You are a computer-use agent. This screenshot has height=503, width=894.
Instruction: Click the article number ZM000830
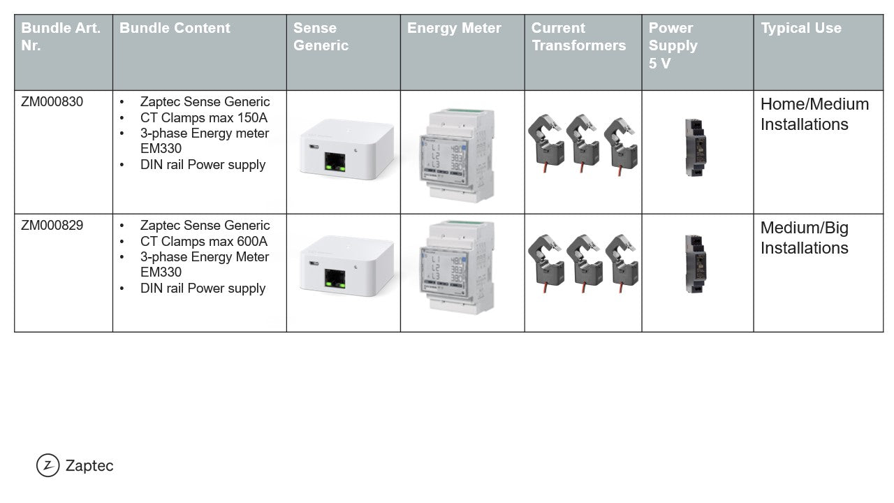tap(52, 102)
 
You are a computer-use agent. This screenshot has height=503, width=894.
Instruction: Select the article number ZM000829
tap(52, 226)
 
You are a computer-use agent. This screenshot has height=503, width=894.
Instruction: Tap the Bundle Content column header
tap(175, 28)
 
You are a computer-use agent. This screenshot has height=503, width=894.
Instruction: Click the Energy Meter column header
tap(454, 28)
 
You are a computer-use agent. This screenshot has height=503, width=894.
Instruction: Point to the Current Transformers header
tap(579, 37)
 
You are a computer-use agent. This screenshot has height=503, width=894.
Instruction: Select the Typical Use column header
tap(801, 28)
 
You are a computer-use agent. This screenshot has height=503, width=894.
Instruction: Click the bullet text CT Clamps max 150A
tap(203, 118)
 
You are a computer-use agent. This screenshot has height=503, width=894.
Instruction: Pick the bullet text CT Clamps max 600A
tap(203, 242)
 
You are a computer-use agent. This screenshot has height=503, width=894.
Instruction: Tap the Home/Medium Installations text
tap(814, 114)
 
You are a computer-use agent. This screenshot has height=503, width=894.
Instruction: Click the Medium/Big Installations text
tap(804, 238)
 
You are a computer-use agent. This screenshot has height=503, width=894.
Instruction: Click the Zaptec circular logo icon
tap(48, 465)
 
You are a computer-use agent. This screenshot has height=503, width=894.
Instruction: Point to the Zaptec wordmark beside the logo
tap(89, 466)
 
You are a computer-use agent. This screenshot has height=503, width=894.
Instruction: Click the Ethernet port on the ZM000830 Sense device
tap(335, 161)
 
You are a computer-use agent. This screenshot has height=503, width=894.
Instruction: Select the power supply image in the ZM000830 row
tap(696, 147)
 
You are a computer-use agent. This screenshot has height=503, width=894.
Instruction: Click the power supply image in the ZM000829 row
tap(696, 264)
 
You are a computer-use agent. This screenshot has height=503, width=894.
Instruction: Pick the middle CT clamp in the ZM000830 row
tap(583, 143)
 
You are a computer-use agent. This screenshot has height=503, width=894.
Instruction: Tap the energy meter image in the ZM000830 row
tap(457, 155)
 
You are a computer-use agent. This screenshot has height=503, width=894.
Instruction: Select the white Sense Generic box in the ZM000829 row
tap(346, 266)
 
